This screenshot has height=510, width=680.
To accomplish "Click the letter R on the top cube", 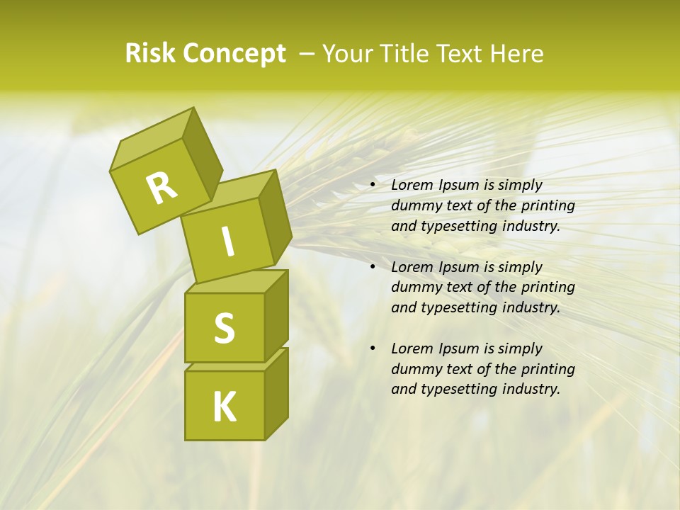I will [162, 188].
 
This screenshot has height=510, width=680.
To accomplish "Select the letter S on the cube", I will [224, 328].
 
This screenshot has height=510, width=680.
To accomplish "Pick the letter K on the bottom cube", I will [225, 407].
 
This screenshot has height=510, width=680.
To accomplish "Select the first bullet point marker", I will [373, 186].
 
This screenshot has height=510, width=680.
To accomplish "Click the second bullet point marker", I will [373, 268].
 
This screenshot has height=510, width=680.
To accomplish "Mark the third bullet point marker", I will [373, 349].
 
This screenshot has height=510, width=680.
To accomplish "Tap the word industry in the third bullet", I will [531, 389].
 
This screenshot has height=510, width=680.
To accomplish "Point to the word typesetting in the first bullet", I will [458, 227].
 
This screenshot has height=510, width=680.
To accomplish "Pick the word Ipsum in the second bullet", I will [458, 268].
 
